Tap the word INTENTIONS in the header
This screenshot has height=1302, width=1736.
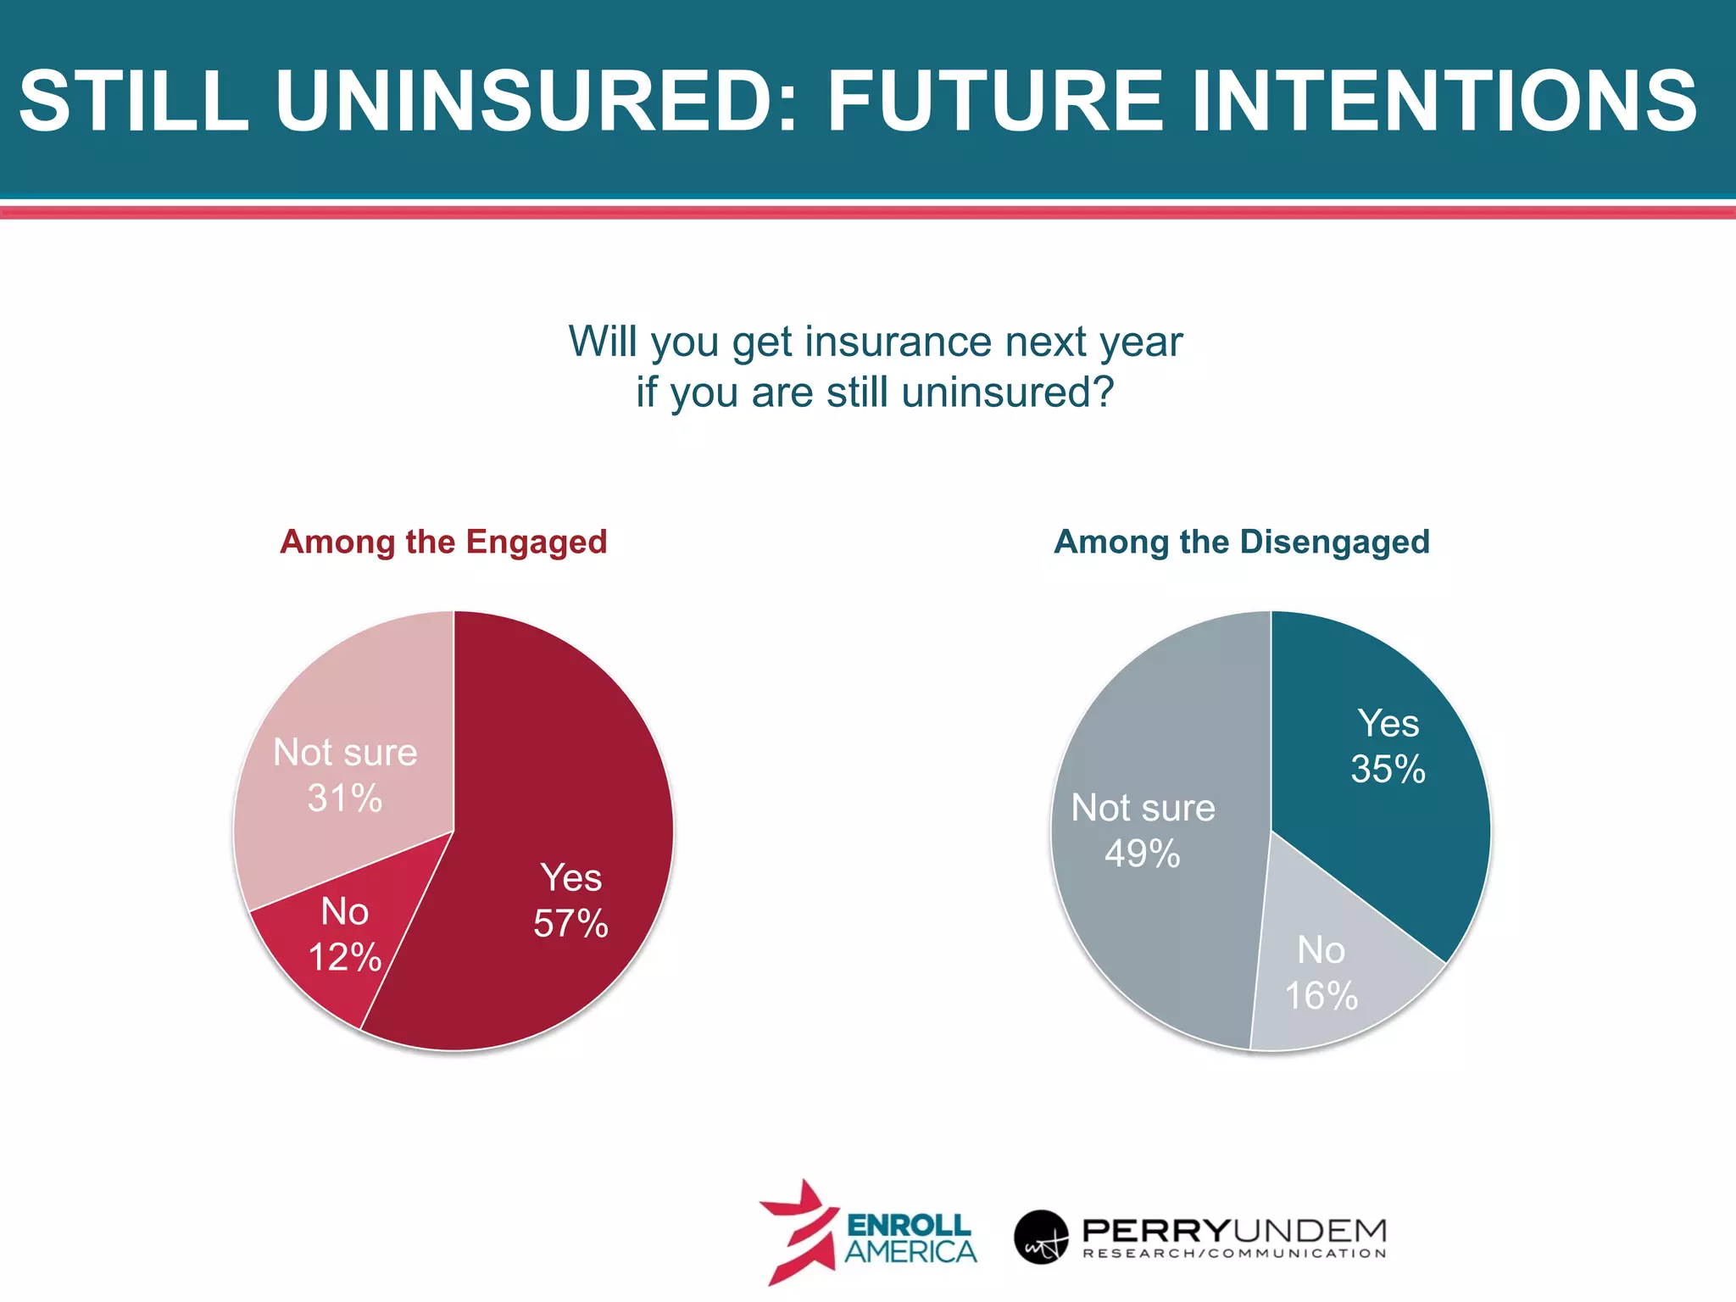[1444, 102]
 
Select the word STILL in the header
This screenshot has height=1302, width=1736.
[133, 102]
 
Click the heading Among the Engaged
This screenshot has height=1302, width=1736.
[443, 542]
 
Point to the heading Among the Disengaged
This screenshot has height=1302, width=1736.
[1241, 542]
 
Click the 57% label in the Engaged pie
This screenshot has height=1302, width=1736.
[570, 924]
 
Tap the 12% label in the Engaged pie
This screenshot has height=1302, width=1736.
[344, 958]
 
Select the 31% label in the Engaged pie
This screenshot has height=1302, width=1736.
[344, 798]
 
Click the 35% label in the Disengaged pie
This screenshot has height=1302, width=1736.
[1388, 770]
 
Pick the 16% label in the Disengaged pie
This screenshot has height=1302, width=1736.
[1321, 996]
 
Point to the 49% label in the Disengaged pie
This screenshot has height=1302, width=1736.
[1142, 854]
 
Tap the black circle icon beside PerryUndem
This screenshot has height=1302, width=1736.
[1040, 1237]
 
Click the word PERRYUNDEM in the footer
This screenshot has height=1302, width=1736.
[1234, 1229]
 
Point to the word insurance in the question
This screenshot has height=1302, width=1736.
[898, 342]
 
